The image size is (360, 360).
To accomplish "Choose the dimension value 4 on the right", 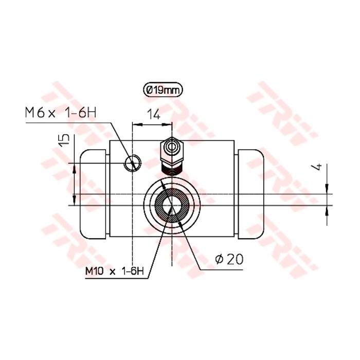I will tap(320, 167).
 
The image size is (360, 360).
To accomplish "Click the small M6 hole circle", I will tap(132, 163).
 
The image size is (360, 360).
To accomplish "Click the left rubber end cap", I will tap(93, 194).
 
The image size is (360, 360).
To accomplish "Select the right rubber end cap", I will tap(250, 194).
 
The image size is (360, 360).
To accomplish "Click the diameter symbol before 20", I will tap(218, 260).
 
